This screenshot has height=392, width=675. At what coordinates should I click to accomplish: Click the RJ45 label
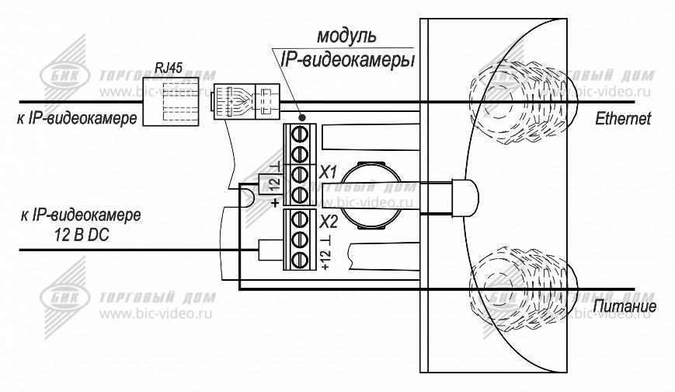pos(169,68)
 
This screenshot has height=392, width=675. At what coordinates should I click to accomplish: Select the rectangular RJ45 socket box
pos(170,102)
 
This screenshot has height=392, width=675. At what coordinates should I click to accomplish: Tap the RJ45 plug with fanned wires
pos(245,102)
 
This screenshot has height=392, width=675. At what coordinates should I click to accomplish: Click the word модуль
pos(346,37)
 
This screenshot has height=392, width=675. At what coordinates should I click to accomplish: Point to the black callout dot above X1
pos(303,117)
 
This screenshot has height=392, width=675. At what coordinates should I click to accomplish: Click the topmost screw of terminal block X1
pos(299,135)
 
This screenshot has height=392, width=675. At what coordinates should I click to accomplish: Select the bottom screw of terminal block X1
pos(299,195)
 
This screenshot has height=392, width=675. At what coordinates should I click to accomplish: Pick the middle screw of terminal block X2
pos(299,240)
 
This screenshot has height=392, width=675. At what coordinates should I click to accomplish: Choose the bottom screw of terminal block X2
pos(299,260)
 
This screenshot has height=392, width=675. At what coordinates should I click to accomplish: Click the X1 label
pos(328,173)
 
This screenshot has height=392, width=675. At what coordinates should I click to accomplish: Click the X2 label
pos(329,222)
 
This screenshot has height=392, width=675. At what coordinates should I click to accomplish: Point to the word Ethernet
pos(623,118)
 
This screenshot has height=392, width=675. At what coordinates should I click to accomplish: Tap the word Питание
pos(625,306)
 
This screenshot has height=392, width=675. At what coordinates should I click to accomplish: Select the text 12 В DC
pos(82,235)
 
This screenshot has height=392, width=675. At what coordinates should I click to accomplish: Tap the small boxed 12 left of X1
pos(274,184)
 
